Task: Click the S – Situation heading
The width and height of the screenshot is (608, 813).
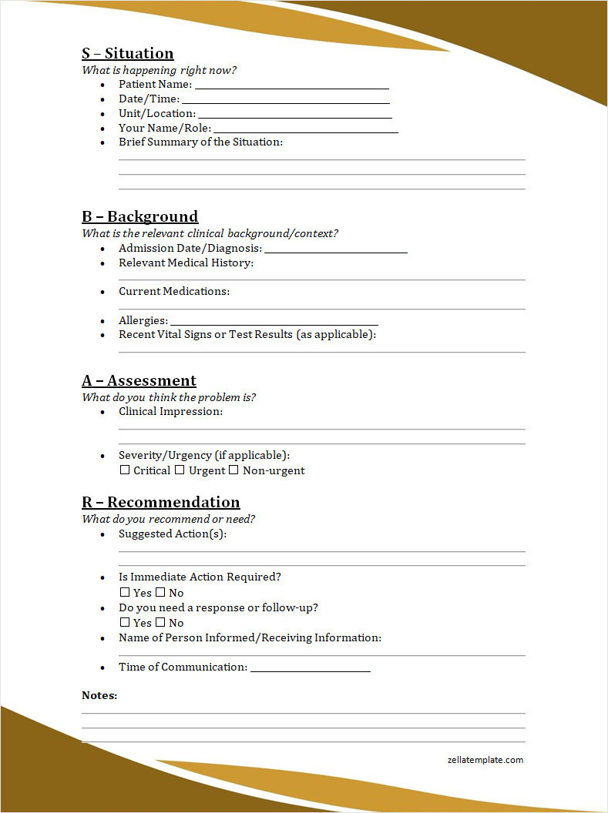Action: [x=128, y=53]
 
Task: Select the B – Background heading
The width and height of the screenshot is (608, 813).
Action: [x=140, y=216]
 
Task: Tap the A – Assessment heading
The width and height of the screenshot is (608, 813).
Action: [x=139, y=380]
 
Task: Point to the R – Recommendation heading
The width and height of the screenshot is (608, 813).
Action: [x=161, y=502]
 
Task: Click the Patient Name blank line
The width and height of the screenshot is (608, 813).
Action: [x=291, y=87]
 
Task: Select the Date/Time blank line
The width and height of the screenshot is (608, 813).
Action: [x=285, y=102]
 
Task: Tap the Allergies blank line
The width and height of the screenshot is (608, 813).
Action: [x=274, y=323]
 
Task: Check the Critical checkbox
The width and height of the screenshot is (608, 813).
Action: [x=125, y=470]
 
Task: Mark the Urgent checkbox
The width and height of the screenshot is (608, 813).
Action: [x=180, y=470]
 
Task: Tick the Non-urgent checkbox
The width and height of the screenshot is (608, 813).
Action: [x=233, y=470]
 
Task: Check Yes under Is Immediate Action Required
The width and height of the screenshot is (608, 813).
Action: [x=125, y=592]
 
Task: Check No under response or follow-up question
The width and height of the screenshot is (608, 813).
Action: [x=160, y=622]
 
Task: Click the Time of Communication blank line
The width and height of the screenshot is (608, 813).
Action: [x=311, y=670]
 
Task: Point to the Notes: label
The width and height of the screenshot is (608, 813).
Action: [x=99, y=695]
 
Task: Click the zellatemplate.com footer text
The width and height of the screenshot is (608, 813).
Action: [x=485, y=760]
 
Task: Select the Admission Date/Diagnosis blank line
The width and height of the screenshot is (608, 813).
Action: [x=336, y=251]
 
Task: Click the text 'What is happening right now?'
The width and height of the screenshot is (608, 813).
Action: [x=160, y=70]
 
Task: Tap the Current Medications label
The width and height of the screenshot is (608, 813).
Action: [x=174, y=291]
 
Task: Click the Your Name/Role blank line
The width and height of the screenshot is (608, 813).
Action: [x=305, y=131]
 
